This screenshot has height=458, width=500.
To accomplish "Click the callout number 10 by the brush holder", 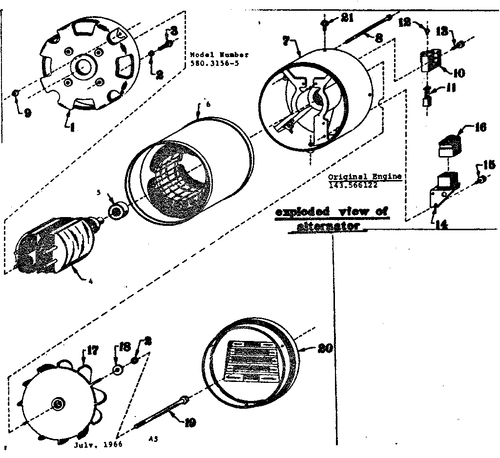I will click(x=458, y=73).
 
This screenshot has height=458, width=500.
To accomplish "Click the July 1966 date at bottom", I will click(x=98, y=445).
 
